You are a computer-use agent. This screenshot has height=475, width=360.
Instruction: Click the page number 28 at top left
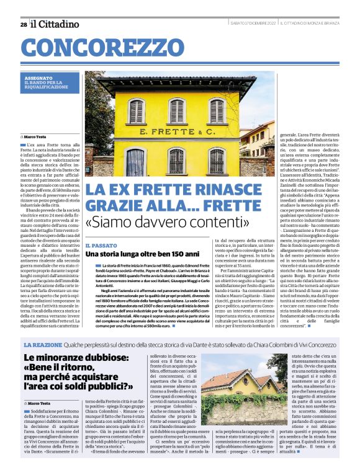(24, 24)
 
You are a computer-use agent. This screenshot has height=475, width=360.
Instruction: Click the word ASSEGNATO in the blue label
(36, 78)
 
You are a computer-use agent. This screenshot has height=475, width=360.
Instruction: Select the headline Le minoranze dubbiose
(71, 358)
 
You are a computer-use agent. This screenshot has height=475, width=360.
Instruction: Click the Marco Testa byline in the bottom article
(37, 403)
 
